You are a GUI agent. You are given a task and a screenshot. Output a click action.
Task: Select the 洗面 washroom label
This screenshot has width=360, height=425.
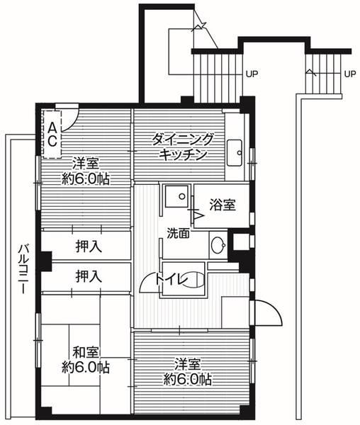178,232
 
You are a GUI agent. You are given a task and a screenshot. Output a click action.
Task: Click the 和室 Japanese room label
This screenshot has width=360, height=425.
84,352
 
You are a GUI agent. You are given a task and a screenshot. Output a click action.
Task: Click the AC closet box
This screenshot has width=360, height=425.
52,132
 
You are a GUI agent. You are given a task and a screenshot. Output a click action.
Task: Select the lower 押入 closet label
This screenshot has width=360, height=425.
88,276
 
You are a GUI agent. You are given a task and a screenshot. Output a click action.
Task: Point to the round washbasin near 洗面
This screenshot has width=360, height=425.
218,246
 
